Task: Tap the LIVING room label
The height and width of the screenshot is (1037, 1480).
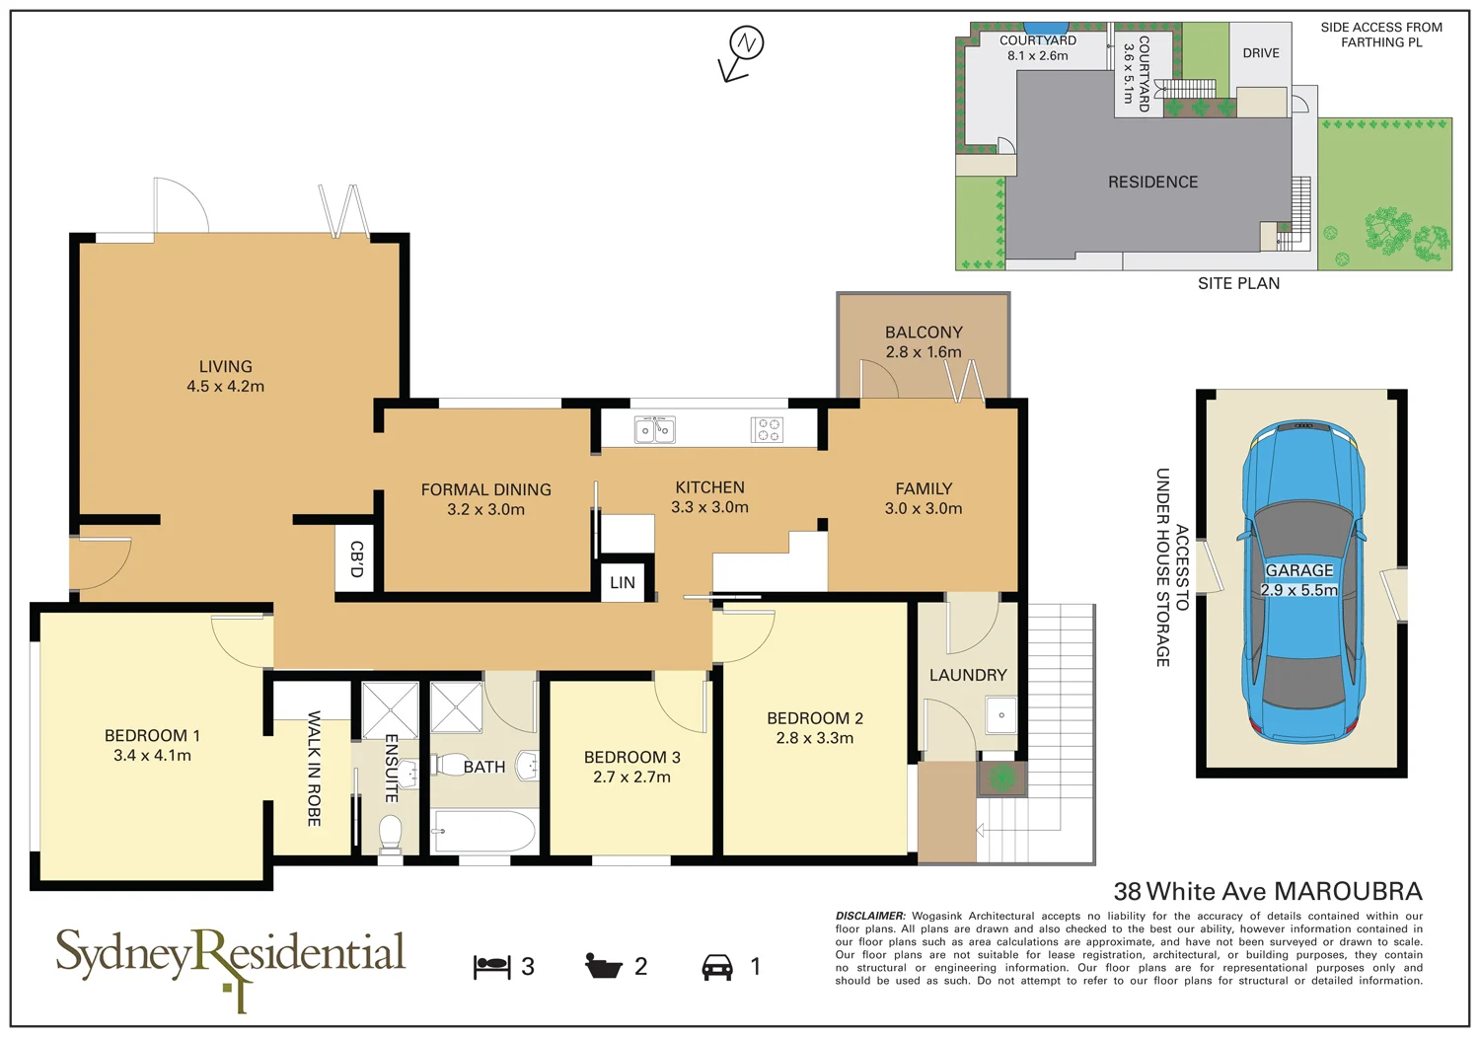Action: [226, 367]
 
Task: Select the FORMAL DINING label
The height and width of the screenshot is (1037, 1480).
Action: [485, 489]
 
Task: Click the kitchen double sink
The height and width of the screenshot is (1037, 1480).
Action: [654, 430]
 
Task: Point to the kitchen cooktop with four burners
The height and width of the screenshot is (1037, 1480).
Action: [768, 429]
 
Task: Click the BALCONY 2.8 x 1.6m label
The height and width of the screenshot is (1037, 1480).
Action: [924, 342]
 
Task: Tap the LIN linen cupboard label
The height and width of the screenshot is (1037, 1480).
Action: [623, 582]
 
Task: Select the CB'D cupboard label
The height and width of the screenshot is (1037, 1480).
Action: [356, 558]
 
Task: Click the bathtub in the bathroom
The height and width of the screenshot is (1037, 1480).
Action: [483, 833]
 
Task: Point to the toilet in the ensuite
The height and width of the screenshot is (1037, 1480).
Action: [391, 835]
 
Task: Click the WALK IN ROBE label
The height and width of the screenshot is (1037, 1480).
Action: [314, 768]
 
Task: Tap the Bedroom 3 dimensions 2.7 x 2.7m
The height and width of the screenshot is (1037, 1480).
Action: [631, 778]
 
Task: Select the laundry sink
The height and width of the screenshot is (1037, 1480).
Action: [1001, 715]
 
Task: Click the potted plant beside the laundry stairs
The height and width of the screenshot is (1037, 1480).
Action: [1002, 778]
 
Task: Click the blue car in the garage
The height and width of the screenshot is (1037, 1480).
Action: [1301, 582]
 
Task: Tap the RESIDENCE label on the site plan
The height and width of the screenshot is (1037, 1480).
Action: [1152, 183]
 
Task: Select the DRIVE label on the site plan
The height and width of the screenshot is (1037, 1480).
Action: [1261, 53]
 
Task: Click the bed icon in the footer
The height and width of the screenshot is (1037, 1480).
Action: [491, 967]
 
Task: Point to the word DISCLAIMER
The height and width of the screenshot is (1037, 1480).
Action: [869, 916]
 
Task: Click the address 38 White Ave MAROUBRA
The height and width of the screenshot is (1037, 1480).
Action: [1267, 892]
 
